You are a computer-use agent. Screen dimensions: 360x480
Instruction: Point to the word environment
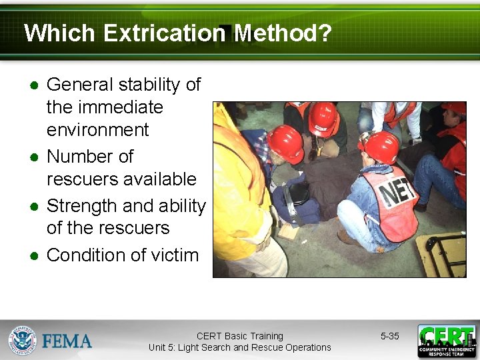coord(98,129)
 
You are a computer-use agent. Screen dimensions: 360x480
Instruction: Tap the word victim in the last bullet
coord(174,255)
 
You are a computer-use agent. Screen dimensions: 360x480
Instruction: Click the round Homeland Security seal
coord(22,341)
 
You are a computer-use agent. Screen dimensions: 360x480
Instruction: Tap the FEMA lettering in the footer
coord(67,341)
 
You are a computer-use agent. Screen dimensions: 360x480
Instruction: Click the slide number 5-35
coord(389,337)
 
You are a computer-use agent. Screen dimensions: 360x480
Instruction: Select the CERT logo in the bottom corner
coord(447,341)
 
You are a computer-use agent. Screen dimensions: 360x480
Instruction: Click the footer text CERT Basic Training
coord(239,336)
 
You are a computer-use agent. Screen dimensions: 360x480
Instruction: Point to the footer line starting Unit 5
coord(239,347)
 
